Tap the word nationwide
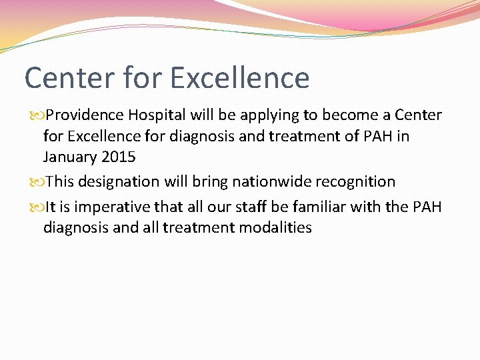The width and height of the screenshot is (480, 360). [265, 182]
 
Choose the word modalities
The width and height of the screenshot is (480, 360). [271, 228]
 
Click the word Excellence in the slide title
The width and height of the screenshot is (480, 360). [240, 78]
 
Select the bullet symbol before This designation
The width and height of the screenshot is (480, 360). [37, 182]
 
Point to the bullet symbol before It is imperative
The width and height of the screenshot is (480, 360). [37, 207]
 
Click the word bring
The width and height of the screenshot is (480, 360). [211, 182]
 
